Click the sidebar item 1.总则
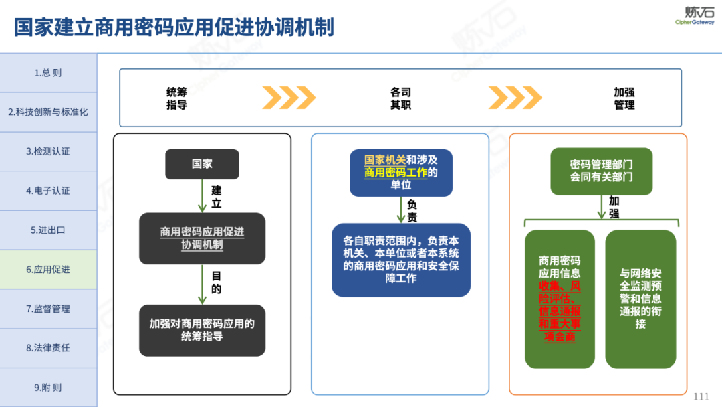click(48, 72)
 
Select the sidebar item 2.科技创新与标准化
click(48, 112)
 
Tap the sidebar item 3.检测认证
click(48, 151)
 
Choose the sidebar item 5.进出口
click(48, 230)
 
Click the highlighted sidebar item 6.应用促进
click(48, 270)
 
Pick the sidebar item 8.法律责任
click(48, 348)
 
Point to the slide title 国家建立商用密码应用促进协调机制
click(174, 28)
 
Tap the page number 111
click(701, 396)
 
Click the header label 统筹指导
click(176, 98)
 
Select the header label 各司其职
click(400, 98)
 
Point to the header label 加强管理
click(624, 98)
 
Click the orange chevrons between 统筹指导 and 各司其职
click(288, 98)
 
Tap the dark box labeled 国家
click(202, 164)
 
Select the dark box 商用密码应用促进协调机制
click(202, 238)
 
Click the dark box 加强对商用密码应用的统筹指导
click(202, 330)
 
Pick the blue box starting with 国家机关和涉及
click(401, 173)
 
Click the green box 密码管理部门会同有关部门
click(601, 171)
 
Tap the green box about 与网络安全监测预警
click(640, 299)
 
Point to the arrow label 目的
click(216, 282)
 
